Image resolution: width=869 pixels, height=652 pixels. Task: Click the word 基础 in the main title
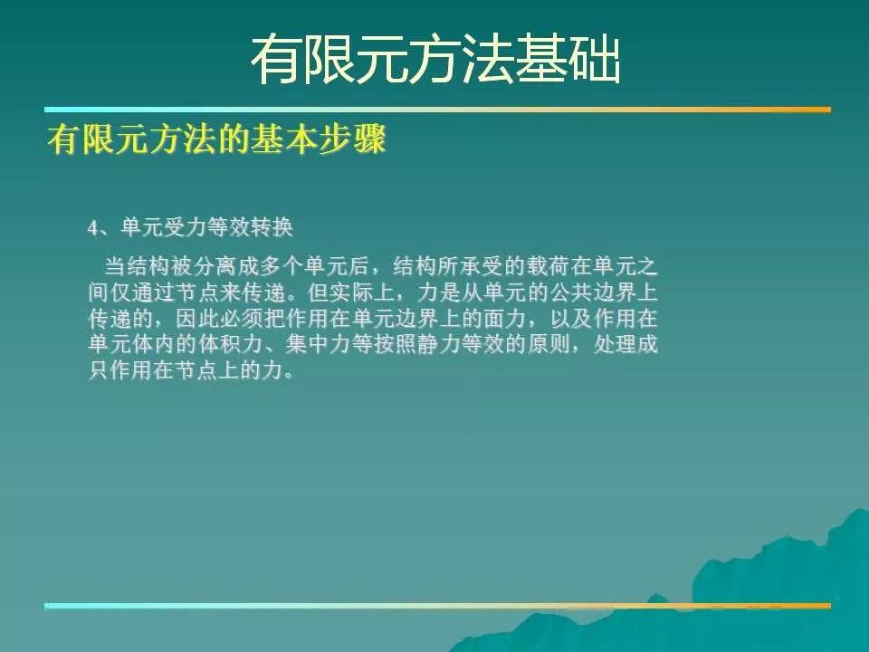(x=567, y=60)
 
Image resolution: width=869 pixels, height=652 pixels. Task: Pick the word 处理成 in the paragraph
(x=625, y=344)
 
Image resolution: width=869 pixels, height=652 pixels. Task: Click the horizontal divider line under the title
(x=438, y=110)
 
